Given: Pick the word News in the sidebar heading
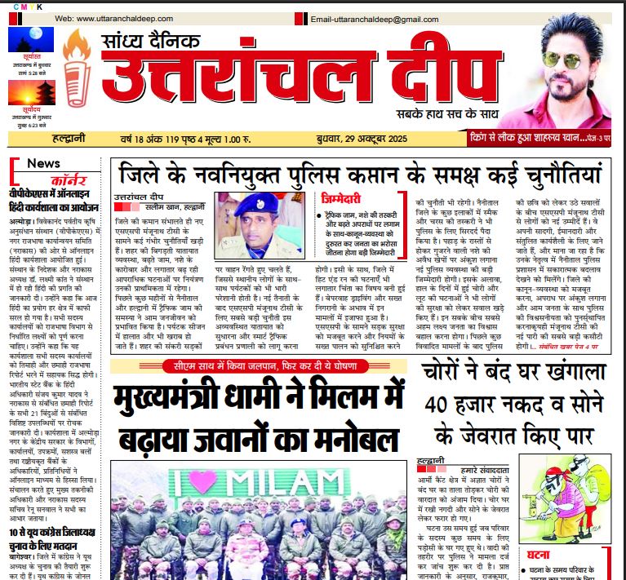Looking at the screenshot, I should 43,162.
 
